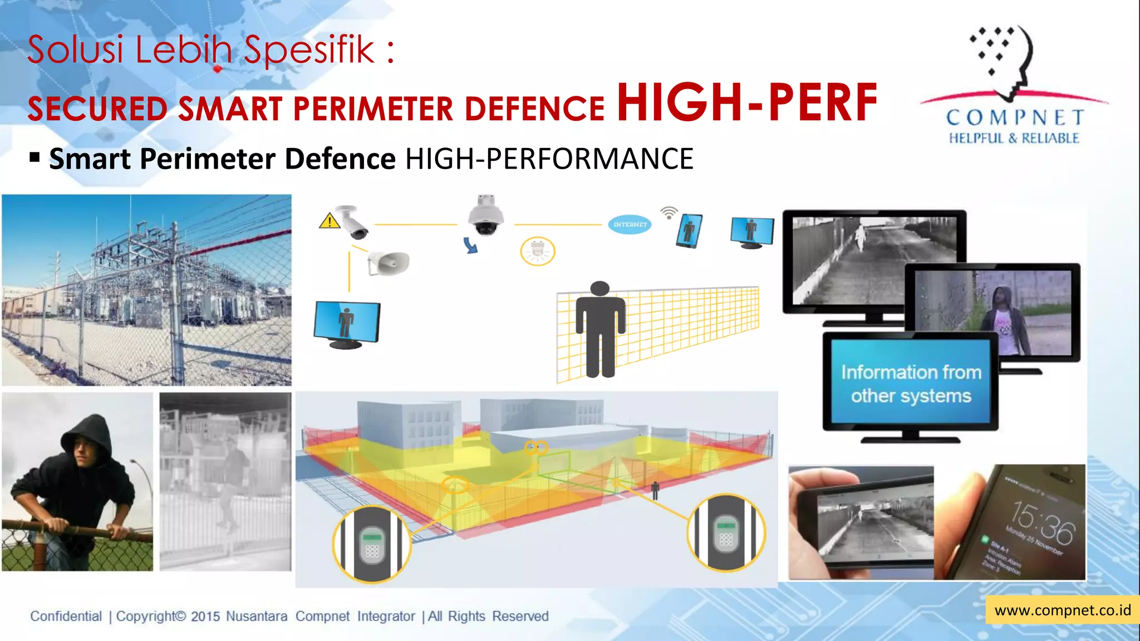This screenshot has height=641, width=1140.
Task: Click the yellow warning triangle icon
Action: coord(330,221)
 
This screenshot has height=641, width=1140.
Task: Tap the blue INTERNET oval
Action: coord(630,224)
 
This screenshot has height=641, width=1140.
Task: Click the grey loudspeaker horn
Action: coord(389,263)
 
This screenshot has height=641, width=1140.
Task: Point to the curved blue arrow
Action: coord(471,245)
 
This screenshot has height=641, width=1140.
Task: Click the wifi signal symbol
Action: coord(669,213)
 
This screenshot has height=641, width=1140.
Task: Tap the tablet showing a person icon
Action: coord(689,230)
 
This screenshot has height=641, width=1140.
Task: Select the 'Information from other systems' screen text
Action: coord(911,384)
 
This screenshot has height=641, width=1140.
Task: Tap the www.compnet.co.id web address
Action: coord(1063,610)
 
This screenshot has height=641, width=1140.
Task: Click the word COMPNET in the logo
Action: coord(1015,117)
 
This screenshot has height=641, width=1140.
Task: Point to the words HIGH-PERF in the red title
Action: coord(747,102)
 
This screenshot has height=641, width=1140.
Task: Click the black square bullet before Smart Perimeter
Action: coord(35,158)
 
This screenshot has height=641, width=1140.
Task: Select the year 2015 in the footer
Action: coord(205,617)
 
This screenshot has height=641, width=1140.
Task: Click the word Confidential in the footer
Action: coord(66,617)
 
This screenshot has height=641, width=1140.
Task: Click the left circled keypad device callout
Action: coord(372,544)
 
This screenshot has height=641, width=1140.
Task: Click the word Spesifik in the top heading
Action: coord(309,50)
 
